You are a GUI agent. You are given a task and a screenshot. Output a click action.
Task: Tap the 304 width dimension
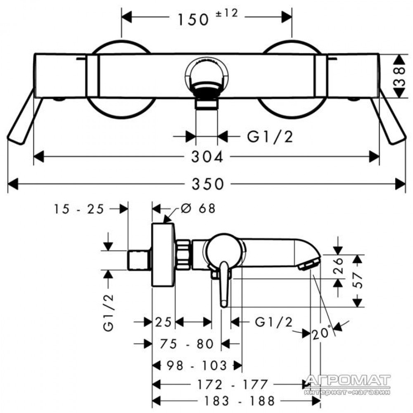[207, 157]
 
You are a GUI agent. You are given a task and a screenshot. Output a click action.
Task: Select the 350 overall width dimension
[208, 184]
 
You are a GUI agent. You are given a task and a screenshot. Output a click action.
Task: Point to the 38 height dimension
[399, 76]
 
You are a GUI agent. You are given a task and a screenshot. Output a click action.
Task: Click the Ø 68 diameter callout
[198, 208]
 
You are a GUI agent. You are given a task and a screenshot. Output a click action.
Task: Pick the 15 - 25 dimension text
[79, 209]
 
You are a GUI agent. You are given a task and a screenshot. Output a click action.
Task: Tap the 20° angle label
[322, 332]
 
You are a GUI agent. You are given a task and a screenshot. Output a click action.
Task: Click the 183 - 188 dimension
[240, 401]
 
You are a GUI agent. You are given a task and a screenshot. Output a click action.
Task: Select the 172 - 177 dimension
[232, 385]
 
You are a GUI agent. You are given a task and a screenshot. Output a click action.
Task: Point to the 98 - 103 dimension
[197, 366]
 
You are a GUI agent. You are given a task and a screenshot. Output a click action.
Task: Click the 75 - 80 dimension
[187, 344]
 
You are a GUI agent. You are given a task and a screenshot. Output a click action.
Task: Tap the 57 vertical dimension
[357, 280]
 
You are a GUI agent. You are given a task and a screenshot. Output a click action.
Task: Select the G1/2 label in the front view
[270, 137]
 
